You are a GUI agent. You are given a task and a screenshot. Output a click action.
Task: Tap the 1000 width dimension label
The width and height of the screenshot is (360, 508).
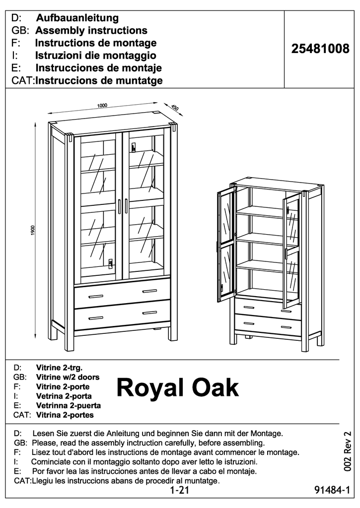coord(103,105)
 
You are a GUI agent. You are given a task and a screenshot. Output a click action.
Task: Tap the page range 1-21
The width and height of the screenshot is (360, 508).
coord(180,491)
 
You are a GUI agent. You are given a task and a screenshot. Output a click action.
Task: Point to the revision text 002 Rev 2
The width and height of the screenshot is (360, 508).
coord(348,451)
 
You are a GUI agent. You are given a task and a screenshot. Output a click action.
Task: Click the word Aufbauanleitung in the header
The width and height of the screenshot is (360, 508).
coord(77,18)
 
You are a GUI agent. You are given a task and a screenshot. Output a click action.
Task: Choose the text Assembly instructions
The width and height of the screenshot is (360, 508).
coord(91,31)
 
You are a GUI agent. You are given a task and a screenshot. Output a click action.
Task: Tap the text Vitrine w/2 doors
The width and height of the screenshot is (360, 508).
coord(68,377)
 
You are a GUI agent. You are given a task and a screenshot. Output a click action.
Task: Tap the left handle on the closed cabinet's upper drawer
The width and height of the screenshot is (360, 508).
coord(96,296)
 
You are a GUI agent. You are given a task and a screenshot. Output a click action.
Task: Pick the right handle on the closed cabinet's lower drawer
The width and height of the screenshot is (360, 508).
coord(149,313)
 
